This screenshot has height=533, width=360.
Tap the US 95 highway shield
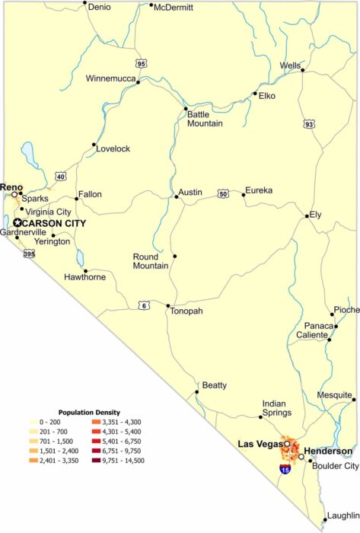pyautogui.click(x=141, y=64)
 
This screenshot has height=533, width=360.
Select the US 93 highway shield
pyautogui.click(x=308, y=123)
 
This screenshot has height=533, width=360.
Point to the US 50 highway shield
pyautogui.click(x=223, y=193)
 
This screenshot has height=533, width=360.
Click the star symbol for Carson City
pyautogui.click(x=18, y=222)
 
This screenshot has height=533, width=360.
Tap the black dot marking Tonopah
pyautogui.click(x=168, y=306)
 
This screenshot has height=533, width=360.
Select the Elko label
pyautogui.click(x=266, y=96)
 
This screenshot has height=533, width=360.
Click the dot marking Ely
pyautogui.click(x=307, y=215)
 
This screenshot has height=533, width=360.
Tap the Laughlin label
pyautogui.click(x=342, y=515)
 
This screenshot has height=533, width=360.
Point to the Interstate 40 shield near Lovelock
pyautogui.click(x=61, y=177)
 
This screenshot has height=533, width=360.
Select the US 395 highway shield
pyautogui.click(x=29, y=254)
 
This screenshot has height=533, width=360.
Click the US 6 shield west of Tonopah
pyautogui.click(x=145, y=305)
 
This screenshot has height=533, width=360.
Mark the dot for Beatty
pyautogui.click(x=196, y=392)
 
